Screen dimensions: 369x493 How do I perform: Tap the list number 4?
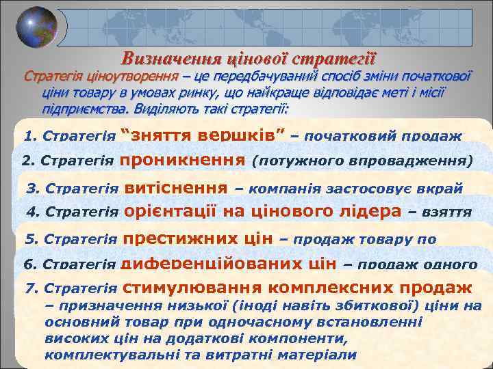[x=31, y=213]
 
